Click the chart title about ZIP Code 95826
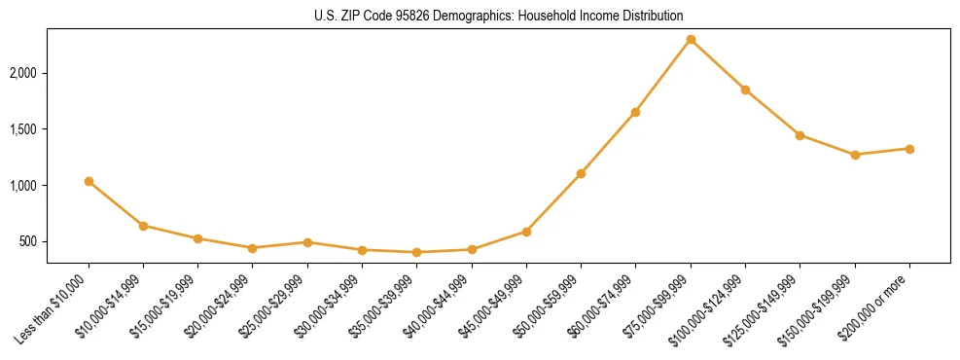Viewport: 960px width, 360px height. point(498,16)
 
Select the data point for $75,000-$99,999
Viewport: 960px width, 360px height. point(691,40)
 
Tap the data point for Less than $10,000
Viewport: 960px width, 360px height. point(89,182)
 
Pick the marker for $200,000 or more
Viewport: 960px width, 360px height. point(909,149)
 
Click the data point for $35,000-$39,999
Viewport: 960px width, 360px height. point(417,252)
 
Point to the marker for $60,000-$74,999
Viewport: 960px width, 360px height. point(635,112)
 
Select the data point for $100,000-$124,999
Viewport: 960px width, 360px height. point(745,90)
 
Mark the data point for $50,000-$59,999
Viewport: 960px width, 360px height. point(581,173)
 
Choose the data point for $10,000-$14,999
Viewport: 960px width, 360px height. point(143,226)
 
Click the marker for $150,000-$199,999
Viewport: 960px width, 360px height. point(855,155)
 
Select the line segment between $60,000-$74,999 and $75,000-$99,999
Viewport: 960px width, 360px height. point(663,76)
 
